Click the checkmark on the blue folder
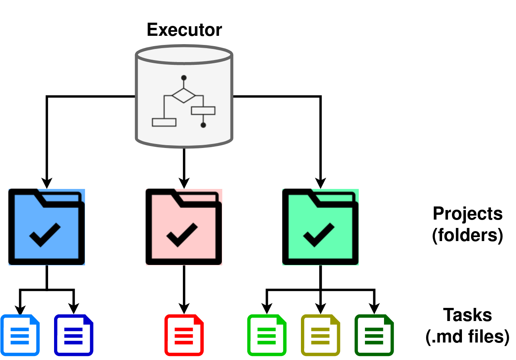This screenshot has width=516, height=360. point(45,235)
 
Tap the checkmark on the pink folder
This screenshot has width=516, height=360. point(182,235)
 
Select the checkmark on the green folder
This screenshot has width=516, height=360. point(318,235)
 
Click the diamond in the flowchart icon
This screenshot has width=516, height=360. point(184,95)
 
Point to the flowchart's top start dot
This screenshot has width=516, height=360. point(184,78)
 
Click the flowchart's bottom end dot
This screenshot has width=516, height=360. point(203,125)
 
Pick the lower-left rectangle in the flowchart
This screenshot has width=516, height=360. point(164,122)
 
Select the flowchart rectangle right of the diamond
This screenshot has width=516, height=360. point(203,111)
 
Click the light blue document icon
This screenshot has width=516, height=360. point(20,335)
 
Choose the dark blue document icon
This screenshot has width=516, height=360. point(74,335)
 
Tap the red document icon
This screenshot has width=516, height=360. point(184,335)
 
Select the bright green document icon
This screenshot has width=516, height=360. point(267,335)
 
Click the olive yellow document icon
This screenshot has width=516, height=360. point(320,335)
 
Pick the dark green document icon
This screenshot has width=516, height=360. point(374,335)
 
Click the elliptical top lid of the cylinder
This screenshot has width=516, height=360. point(184,54)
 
